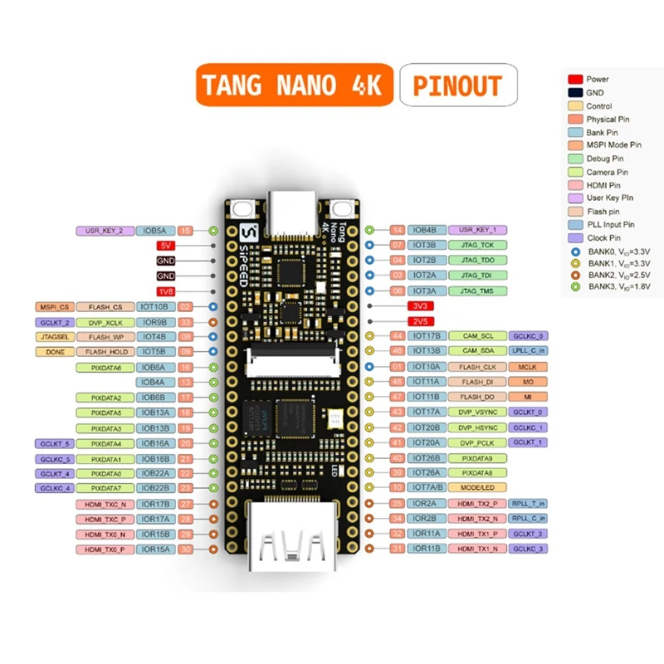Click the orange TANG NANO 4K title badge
coord(294,85)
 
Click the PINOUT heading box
coord(457,85)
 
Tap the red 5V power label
coord(165,246)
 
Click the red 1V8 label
coord(165,291)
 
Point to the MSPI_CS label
coord(53,307)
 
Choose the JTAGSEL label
coord(53,337)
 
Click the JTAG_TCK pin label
coord(476,245)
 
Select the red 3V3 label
coord(419,306)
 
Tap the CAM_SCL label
coord(476,336)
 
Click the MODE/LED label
coord(476,487)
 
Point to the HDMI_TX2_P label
coord(476,503)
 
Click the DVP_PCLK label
coord(476,442)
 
